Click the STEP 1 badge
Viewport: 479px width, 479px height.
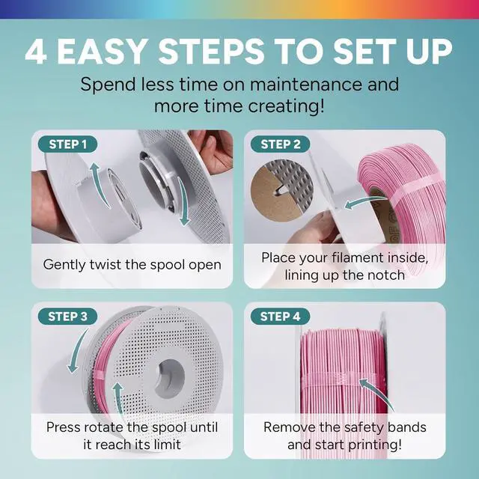point(67,144)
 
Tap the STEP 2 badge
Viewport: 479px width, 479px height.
point(280,144)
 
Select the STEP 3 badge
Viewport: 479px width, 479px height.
point(67,317)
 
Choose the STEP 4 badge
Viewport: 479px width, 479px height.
point(280,317)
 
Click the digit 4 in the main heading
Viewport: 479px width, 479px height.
point(36,52)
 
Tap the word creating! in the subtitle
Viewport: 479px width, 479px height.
point(286,106)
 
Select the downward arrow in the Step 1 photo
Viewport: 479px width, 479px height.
point(184,201)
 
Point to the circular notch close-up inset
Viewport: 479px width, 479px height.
point(281,190)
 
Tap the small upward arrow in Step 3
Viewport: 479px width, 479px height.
point(118,397)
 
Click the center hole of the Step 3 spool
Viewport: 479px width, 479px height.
point(170,379)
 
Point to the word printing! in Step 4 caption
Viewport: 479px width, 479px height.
point(375,445)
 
